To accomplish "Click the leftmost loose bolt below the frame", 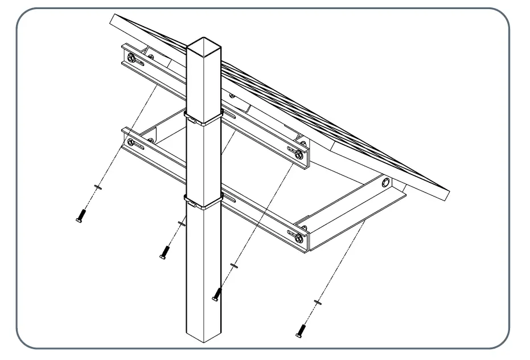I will (80, 216).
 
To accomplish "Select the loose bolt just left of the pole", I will (165, 251).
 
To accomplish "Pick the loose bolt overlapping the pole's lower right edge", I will (216, 294).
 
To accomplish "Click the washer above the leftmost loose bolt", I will (97, 186).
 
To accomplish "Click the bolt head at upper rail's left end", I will (132, 58).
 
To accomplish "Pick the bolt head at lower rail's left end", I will (131, 141).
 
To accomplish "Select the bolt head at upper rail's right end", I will (299, 153).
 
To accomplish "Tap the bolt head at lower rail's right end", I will (298, 238).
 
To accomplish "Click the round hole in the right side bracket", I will (387, 183).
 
